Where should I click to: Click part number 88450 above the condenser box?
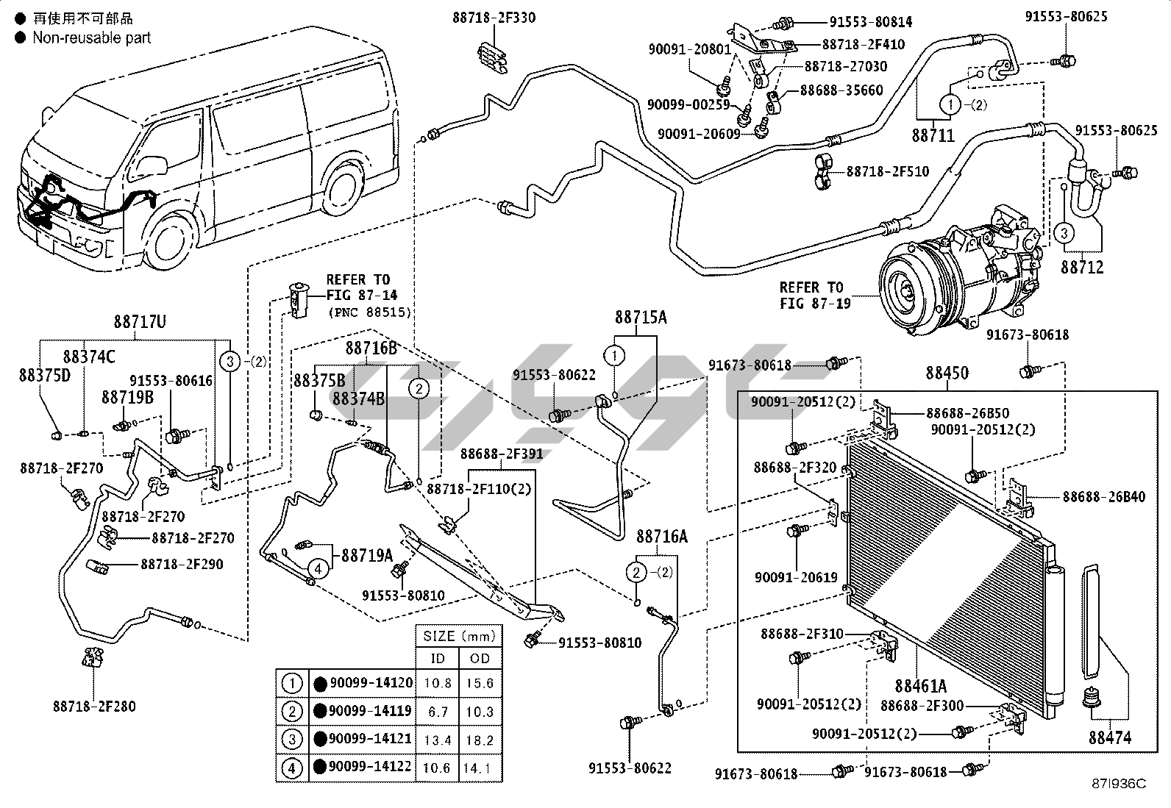pos(947,373)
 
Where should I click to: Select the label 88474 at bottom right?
pos(1110,737)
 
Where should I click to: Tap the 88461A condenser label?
pos(920,686)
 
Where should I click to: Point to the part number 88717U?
pos(140,322)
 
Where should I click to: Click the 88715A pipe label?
pos(641,318)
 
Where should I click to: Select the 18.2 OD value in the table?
pos(480,740)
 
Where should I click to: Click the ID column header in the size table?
pos(438,658)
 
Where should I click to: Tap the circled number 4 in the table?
pos(292,768)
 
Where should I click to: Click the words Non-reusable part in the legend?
pos(91,37)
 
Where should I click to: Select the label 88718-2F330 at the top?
pos(494,18)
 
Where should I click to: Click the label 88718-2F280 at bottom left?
pos(94,707)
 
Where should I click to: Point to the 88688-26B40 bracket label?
pos(1103,497)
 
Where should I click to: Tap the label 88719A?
pos(366,555)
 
